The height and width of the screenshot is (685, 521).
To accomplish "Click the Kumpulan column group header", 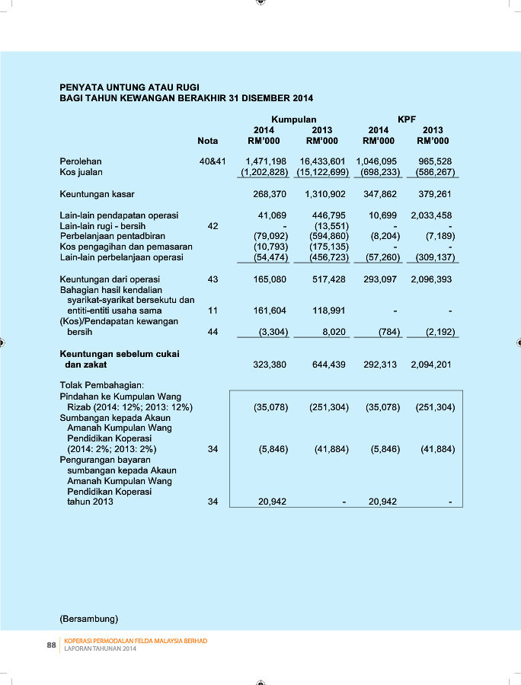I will pyautogui.click(x=294, y=119).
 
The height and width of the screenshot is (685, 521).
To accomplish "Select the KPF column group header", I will pyautogui.click(x=407, y=119).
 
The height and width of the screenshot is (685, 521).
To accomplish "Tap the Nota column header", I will pyautogui.click(x=207, y=141).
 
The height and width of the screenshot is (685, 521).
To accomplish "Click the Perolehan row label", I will pyautogui.click(x=81, y=161).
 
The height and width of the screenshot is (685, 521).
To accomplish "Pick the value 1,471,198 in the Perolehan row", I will pyautogui.click(x=266, y=161).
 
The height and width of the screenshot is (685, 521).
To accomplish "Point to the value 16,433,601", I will pyautogui.click(x=323, y=161).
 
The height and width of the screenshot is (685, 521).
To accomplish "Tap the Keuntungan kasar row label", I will pyautogui.click(x=97, y=194).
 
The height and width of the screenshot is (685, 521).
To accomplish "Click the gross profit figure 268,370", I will pyautogui.click(x=270, y=194).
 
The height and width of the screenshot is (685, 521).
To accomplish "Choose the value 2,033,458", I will pyautogui.click(x=431, y=215).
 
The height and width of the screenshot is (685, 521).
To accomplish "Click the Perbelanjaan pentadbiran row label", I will pyautogui.click(x=112, y=236).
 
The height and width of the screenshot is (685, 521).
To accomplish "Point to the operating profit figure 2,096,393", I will pyautogui.click(x=431, y=279).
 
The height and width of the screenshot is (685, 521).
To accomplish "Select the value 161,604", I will pyautogui.click(x=270, y=311).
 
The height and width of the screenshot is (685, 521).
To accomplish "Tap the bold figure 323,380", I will pyautogui.click(x=270, y=365).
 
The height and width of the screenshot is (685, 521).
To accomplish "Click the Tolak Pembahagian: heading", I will pyautogui.click(x=101, y=386).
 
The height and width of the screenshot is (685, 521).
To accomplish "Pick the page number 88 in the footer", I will pyautogui.click(x=52, y=645).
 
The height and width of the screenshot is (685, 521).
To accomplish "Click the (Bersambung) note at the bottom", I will pyautogui.click(x=88, y=616).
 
